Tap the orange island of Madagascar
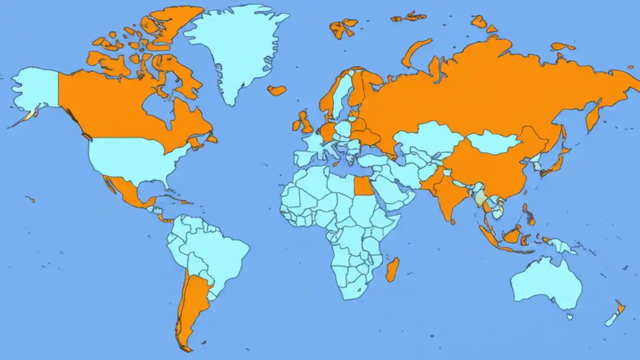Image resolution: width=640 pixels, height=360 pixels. pyautogui.click(x=392, y=269)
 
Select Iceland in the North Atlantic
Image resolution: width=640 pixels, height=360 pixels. pyautogui.click(x=276, y=90)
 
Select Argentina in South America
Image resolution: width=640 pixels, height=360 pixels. pyautogui.click(x=192, y=300)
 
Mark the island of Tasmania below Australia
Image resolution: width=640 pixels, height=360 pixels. pyautogui.click(x=569, y=316)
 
